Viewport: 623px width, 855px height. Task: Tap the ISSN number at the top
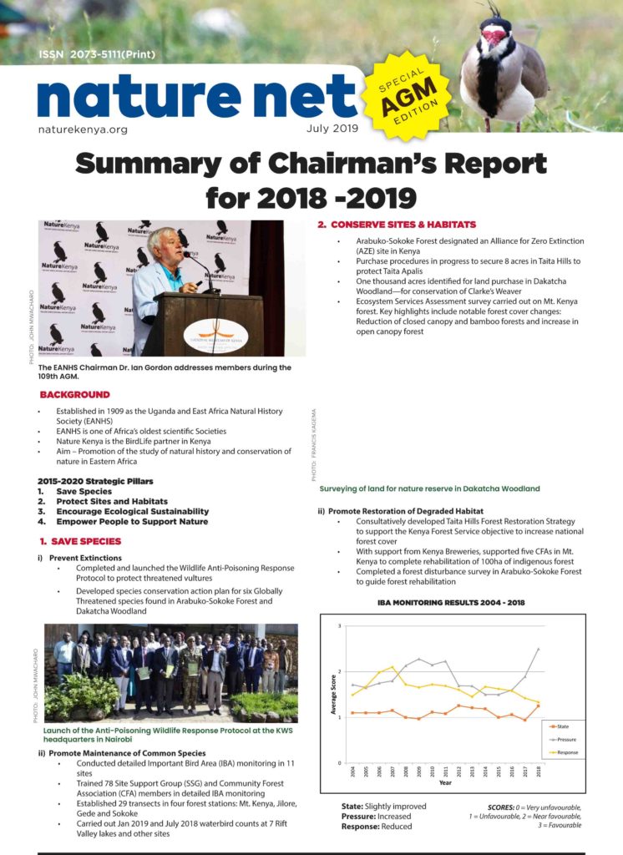(97, 54)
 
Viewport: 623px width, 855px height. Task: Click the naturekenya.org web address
(83, 130)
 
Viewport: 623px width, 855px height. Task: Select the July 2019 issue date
(331, 129)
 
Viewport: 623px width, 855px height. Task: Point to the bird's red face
(495, 36)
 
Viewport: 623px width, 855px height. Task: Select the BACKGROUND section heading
(74, 394)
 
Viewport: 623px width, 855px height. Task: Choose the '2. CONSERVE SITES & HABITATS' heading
(397, 225)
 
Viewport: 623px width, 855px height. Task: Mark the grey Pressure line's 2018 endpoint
(539, 649)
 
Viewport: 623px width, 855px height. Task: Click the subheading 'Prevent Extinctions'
(85, 557)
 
